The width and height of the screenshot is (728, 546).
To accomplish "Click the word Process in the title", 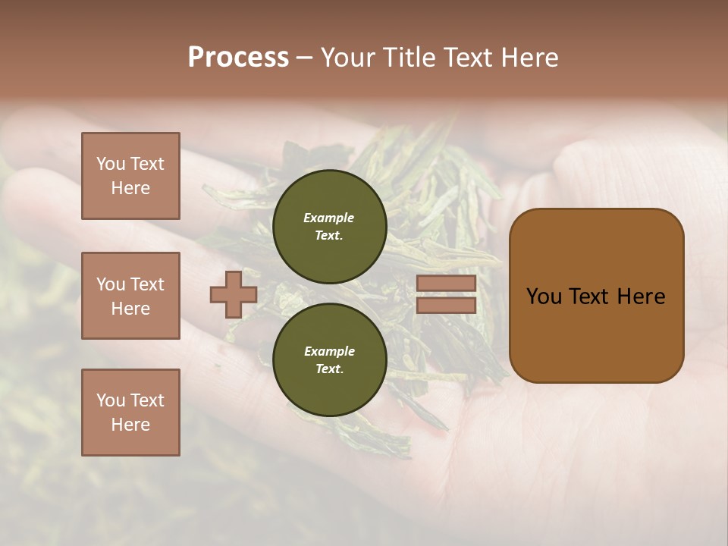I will [x=238, y=58].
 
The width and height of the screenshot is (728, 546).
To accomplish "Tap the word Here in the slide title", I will [x=526, y=58].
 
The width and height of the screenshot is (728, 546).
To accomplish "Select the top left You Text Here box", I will [x=130, y=176].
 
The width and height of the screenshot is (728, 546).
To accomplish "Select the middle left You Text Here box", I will [x=130, y=296].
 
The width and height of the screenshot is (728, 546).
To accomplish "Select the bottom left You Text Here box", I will [x=130, y=413].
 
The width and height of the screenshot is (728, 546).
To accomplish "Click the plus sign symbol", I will [x=234, y=295].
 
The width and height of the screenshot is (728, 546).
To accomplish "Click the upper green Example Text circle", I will [x=329, y=227].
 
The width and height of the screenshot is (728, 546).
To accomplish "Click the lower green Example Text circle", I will [x=329, y=360].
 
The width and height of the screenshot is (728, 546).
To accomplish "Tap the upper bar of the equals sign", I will [x=446, y=283].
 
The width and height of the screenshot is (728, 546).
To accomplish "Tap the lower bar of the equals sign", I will [x=446, y=306].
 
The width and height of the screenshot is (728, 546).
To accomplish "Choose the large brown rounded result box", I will [x=596, y=295].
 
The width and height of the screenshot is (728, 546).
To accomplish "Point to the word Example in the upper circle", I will [x=329, y=218].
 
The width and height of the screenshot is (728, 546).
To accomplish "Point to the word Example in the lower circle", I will [x=329, y=351].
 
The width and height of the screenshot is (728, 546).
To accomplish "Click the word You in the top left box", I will [x=111, y=164].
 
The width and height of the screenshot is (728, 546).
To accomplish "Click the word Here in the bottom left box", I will [x=130, y=425].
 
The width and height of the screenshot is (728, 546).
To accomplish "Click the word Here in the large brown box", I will [x=641, y=297].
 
